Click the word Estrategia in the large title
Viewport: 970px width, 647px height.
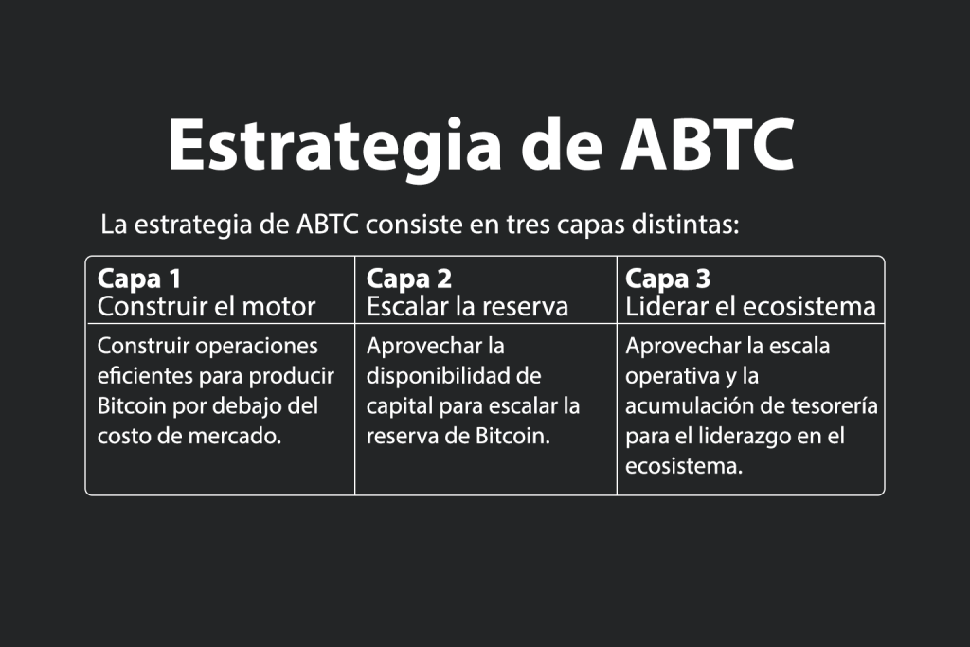[334, 147]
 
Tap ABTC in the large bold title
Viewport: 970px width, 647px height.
[708, 144]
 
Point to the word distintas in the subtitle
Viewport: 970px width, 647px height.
[685, 224]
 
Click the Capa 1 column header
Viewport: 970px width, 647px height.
[139, 279]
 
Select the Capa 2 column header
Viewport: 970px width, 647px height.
[409, 279]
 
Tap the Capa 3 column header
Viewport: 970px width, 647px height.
[668, 279]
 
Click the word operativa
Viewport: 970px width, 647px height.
[664, 376]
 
